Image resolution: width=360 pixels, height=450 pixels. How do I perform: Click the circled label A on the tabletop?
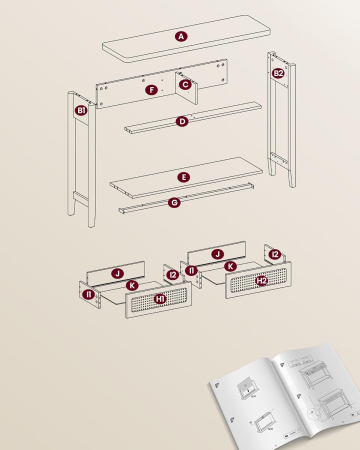pyautogui.click(x=181, y=36)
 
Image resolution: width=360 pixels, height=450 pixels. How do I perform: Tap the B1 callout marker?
pyautogui.click(x=81, y=110)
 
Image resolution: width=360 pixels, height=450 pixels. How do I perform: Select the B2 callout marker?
pyautogui.click(x=278, y=73)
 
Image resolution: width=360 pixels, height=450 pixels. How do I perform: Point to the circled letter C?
pyautogui.click(x=184, y=85)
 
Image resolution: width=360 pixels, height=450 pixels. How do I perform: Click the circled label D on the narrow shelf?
pyautogui.click(x=181, y=121)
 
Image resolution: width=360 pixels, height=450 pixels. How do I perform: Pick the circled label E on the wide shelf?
pyautogui.click(x=183, y=177)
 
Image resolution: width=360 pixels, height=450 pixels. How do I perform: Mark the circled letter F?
pyautogui.click(x=151, y=90)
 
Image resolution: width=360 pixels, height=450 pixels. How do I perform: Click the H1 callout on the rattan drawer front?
pyautogui.click(x=161, y=297)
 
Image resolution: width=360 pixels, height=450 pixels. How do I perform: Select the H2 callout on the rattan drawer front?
pyautogui.click(x=261, y=281)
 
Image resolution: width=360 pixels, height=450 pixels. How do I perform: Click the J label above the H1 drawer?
pyautogui.click(x=117, y=272)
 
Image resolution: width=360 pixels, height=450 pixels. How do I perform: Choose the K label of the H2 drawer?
pyautogui.click(x=230, y=267)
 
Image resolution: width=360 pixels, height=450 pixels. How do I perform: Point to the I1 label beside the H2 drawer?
pyautogui.click(x=191, y=270)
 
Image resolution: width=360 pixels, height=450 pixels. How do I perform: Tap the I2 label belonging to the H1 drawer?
pyautogui.click(x=172, y=274)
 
